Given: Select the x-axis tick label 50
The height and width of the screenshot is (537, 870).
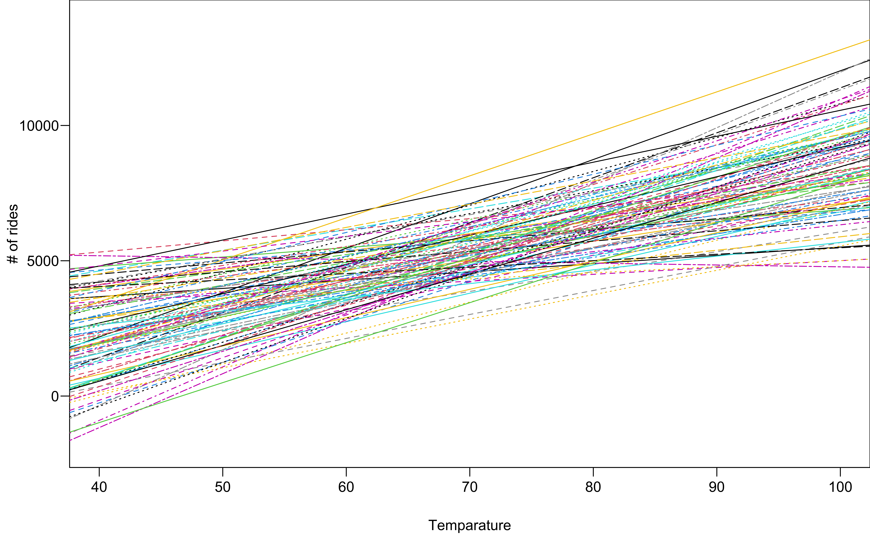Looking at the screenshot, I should [223, 487].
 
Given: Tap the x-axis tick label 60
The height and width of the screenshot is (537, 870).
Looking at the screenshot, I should [346, 487].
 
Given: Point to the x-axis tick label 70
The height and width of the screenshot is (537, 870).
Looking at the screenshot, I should [470, 487].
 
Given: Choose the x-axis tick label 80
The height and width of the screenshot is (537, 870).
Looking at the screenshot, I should [593, 487].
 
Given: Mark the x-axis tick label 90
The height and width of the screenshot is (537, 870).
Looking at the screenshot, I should [716, 487].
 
